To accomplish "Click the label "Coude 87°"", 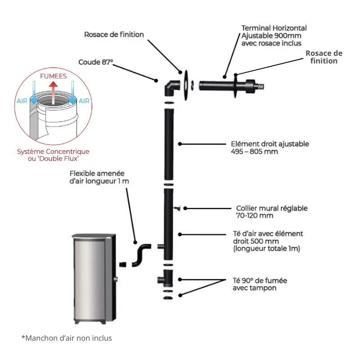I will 96,63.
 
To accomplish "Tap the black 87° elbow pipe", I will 171,88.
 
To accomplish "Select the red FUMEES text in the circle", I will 53,76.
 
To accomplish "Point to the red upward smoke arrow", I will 53,90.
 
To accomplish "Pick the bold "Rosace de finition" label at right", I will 324,57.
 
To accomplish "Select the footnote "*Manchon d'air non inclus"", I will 67,338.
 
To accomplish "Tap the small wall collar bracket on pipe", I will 176,208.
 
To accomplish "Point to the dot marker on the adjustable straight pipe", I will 180,144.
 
